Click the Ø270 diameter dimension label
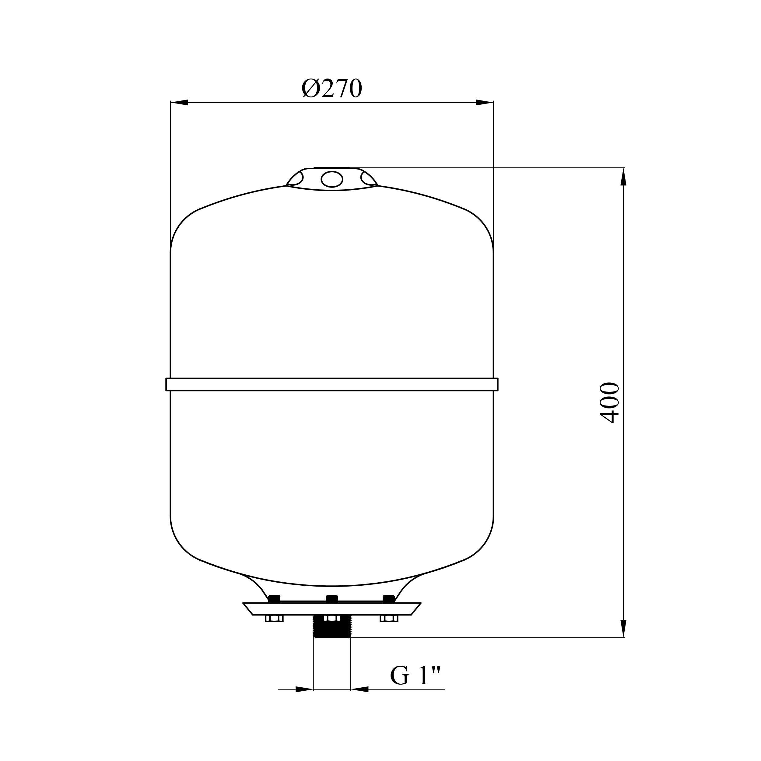click(332, 88)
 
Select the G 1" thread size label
click(415, 675)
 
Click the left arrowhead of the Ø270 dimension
click(179, 102)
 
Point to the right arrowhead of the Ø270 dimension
click(485, 102)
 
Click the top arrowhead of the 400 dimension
click(623, 177)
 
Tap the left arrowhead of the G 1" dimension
click(304, 689)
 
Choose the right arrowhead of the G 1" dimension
click(359, 689)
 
